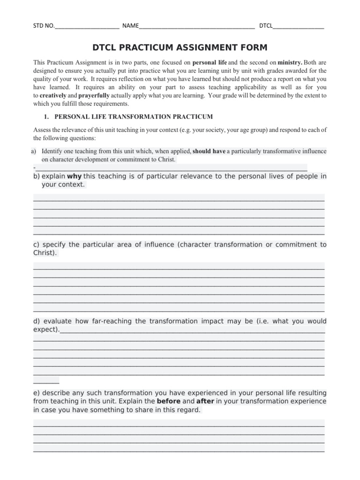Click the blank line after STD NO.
tap(87, 26)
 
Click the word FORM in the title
tap(253, 48)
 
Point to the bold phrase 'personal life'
tap(210, 62)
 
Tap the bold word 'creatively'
tap(52, 95)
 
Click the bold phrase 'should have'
tap(209, 151)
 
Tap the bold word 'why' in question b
tap(75, 176)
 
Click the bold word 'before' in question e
tap(168, 401)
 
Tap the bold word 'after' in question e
tap(205, 401)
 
